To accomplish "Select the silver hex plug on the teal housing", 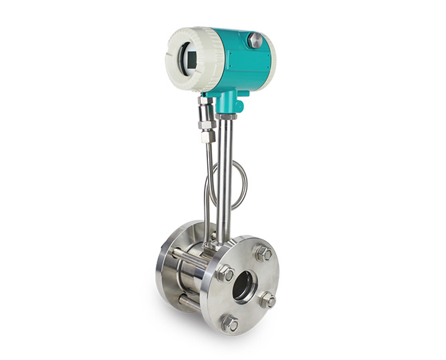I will click(254, 40).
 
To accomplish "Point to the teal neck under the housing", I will click(229, 102).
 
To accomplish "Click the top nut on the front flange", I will click(263, 254).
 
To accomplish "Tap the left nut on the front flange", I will click(225, 273).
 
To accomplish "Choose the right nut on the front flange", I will click(267, 300).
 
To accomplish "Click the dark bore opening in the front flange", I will click(243, 286).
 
